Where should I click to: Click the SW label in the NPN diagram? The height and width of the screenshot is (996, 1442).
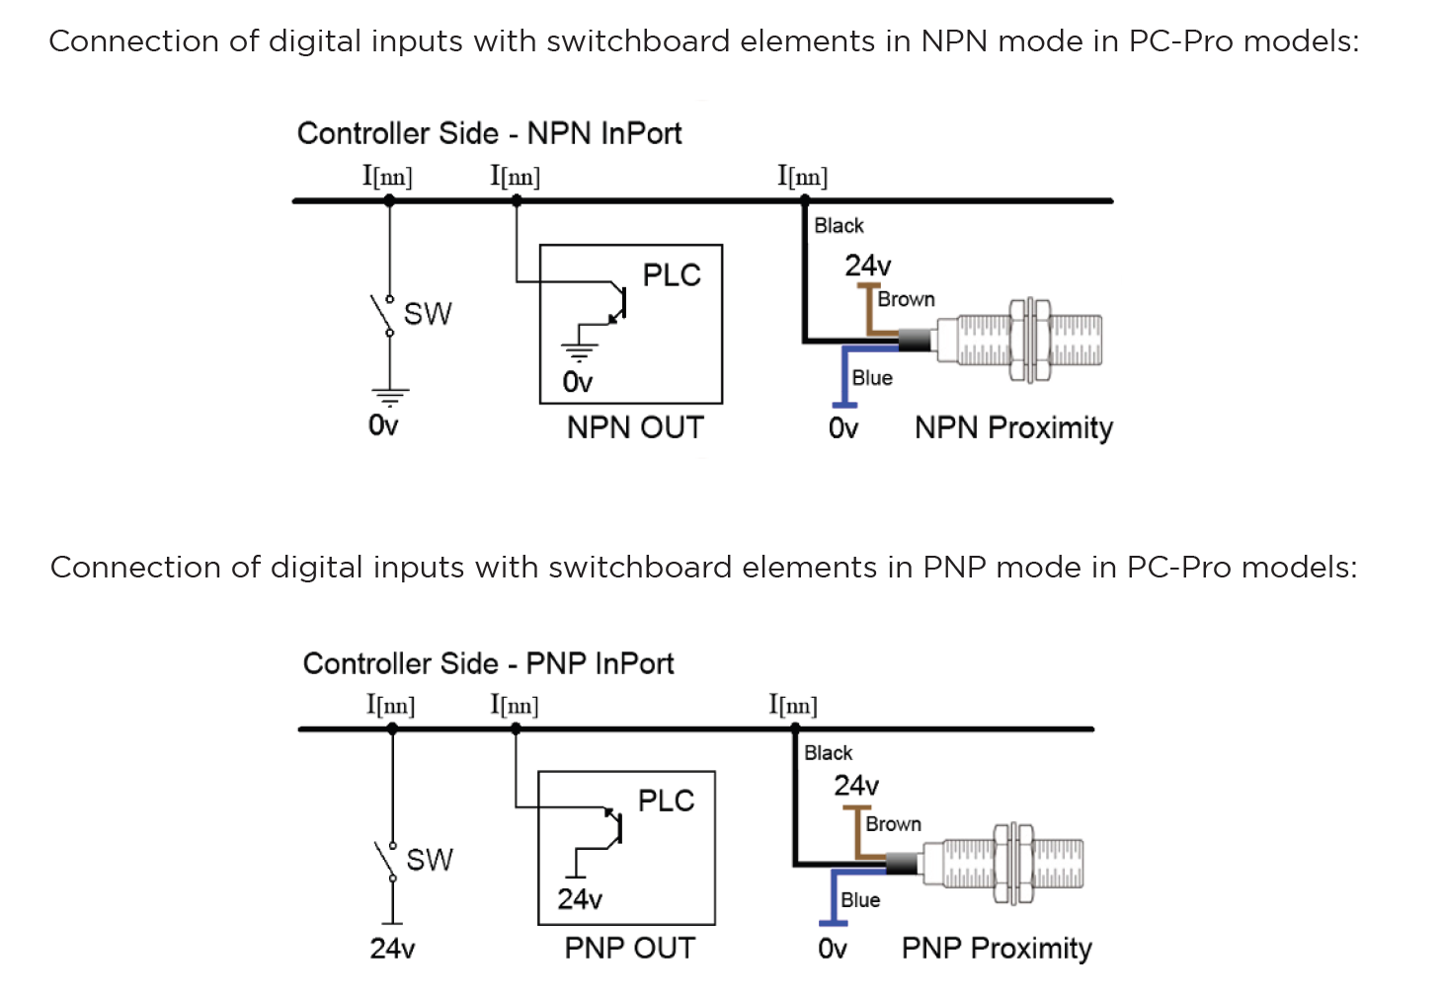[x=428, y=314]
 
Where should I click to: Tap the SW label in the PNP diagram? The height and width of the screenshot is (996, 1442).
[x=430, y=860]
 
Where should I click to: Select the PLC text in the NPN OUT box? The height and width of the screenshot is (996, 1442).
[x=672, y=275]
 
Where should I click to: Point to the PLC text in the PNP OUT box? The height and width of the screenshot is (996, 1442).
[x=667, y=801]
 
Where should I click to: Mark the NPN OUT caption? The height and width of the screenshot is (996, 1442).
[x=635, y=427]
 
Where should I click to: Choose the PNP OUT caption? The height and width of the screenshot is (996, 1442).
[x=630, y=948]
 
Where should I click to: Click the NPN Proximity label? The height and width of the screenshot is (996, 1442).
[x=1013, y=427]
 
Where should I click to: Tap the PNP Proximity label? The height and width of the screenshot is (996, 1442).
[x=997, y=948]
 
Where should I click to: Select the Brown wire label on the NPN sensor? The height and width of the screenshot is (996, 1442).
[x=906, y=299]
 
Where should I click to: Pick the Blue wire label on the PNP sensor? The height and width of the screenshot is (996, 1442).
[x=860, y=900]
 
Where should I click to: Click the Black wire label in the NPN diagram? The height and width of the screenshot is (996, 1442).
[x=839, y=226]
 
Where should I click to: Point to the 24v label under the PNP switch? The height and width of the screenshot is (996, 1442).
[x=392, y=949]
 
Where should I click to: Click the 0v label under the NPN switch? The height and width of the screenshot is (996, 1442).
[x=383, y=425]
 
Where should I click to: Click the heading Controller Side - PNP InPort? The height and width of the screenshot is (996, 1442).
[x=488, y=663]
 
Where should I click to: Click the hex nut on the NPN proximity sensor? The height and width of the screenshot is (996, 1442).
[x=1029, y=341]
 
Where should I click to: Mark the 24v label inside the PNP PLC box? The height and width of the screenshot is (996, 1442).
[x=580, y=899]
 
